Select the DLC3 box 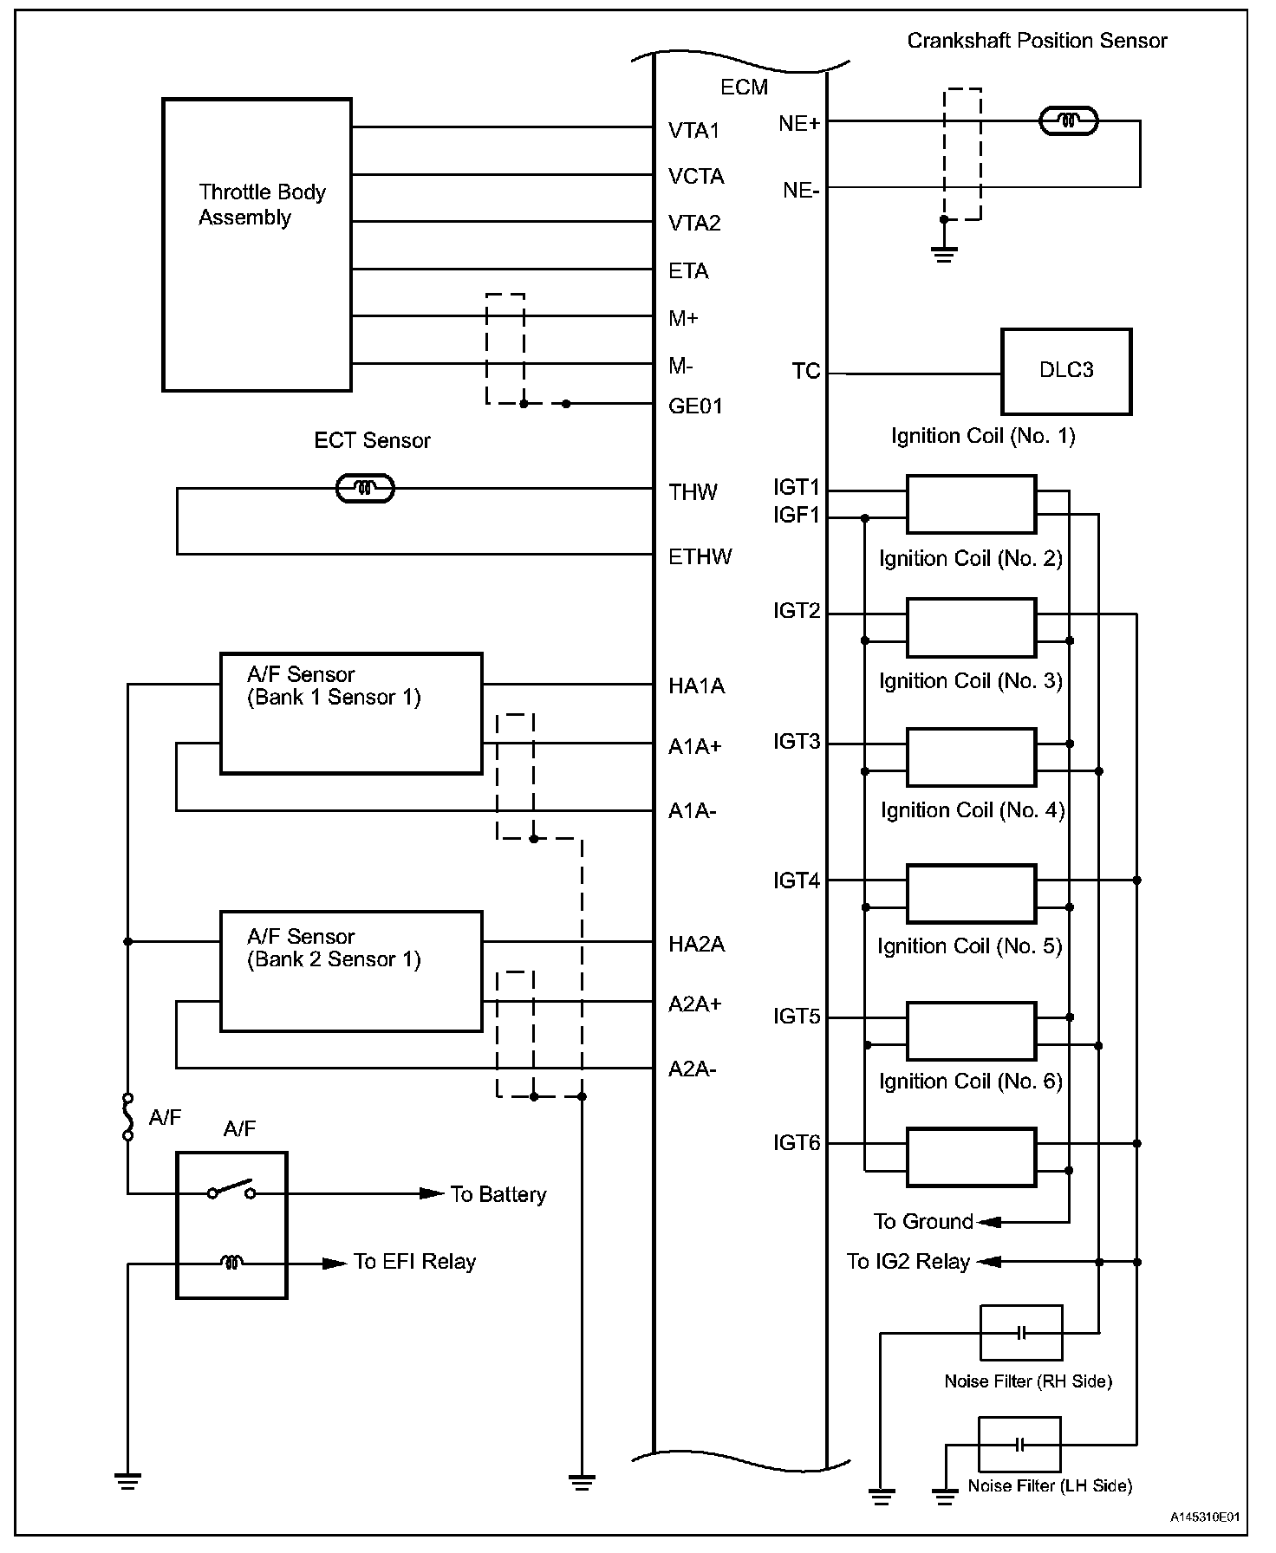click(1065, 371)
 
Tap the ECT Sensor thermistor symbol click(364, 489)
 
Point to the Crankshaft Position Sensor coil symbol click(1068, 121)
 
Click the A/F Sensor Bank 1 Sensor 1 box click(350, 713)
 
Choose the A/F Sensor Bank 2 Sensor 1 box click(350, 971)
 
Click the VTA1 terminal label click(693, 131)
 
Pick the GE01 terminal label click(695, 406)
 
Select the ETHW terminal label click(700, 556)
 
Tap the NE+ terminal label click(798, 124)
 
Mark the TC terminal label click(805, 372)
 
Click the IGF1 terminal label click(796, 517)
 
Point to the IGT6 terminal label click(796, 1143)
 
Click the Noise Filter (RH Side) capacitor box click(1020, 1332)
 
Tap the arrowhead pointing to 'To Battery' click(432, 1193)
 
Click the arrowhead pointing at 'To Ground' click(989, 1222)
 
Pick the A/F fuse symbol click(128, 1116)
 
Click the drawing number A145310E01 click(1204, 1517)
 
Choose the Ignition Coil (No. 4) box click(971, 893)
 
